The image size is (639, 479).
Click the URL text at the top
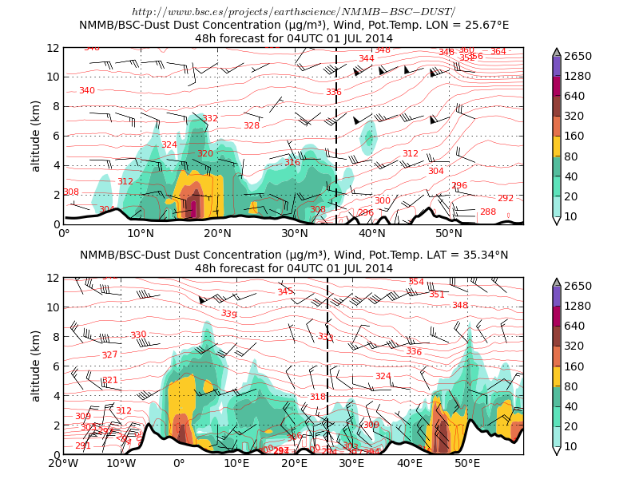coord(293,12)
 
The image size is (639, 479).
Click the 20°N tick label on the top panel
coord(218,234)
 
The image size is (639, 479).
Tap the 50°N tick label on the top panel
coord(449,234)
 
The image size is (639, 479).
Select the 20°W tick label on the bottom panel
coord(63,464)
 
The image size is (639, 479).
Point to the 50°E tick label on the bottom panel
coord(467,464)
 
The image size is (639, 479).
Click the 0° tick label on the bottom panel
coord(179,464)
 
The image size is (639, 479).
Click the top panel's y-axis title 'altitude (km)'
coord(36,136)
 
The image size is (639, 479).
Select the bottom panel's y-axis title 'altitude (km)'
coord(36,366)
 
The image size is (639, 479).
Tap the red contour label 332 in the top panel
coord(210,119)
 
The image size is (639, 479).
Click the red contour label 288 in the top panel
coord(488,212)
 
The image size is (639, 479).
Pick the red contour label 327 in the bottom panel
coord(109,355)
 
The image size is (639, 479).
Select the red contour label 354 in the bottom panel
coord(416,282)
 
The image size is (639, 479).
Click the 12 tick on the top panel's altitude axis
coord(53,48)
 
